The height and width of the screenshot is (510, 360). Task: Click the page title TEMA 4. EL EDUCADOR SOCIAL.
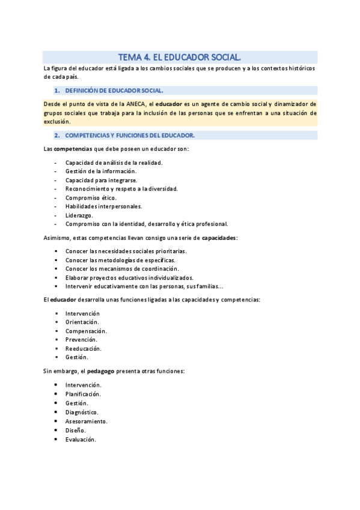pos(180,57)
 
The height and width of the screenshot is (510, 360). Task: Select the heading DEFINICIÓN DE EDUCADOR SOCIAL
pos(114,90)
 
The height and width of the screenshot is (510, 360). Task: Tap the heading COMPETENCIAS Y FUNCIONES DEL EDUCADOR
pos(129,135)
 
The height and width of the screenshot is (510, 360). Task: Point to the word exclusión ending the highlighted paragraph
pos(57,121)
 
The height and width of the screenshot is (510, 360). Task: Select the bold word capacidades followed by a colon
pos(219,238)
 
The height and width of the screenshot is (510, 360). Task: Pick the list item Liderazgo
pos(79,215)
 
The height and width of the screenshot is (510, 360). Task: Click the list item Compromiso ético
pos(91,197)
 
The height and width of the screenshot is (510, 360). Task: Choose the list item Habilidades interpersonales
pos(103,206)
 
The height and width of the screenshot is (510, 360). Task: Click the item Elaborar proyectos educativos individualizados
pos(129,278)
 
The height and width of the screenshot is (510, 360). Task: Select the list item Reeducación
pos(83,349)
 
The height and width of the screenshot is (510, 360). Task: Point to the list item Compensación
pos(86,331)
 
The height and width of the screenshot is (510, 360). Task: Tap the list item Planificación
pos(83,394)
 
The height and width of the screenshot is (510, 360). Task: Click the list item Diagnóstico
pos(82,412)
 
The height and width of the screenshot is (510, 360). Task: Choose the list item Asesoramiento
pos(87,421)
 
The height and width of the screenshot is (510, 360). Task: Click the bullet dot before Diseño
pos(56,430)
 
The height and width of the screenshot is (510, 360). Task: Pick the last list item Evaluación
pos(81,440)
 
